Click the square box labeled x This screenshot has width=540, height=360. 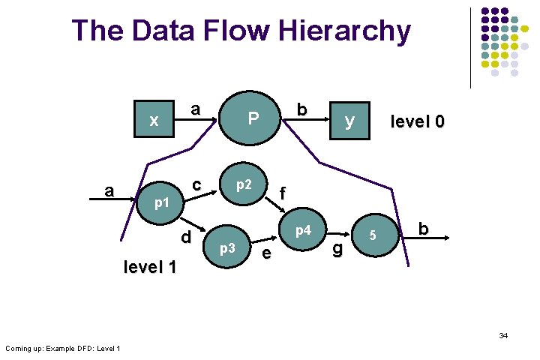pyautogui.click(x=154, y=120)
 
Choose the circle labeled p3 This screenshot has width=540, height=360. pyautogui.click(x=227, y=247)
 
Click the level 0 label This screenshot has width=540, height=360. pyautogui.click(x=417, y=121)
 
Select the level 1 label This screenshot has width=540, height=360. pyautogui.click(x=149, y=267)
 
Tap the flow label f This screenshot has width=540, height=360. pyautogui.click(x=282, y=193)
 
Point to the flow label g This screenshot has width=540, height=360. pyautogui.click(x=337, y=248)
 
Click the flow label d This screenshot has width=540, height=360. pyautogui.click(x=186, y=238)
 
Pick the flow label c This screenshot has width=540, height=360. pyautogui.click(x=196, y=184)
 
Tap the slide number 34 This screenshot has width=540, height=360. pyautogui.click(x=503, y=335)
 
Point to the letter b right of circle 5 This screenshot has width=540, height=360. pyautogui.click(x=424, y=229)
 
